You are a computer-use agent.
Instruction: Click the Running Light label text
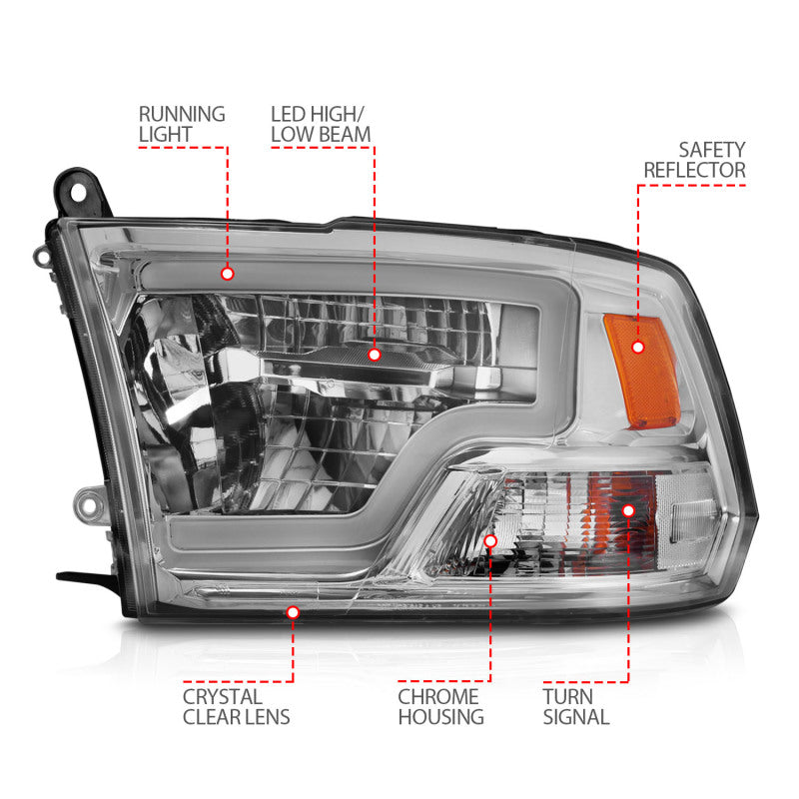tap(182, 124)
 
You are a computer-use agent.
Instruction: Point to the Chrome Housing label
tap(439, 706)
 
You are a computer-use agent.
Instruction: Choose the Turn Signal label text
tap(576, 706)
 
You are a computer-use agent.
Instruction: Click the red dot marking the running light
tap(228, 273)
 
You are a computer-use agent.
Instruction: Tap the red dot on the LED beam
tap(375, 354)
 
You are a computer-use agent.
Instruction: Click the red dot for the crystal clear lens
tap(293, 611)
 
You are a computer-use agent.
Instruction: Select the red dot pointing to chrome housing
tap(490, 540)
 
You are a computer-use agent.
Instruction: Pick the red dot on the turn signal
tap(628, 509)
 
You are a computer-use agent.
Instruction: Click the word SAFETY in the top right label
tap(712, 150)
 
